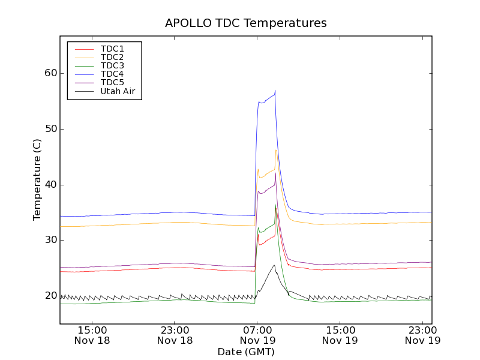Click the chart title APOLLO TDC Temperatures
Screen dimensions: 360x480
coord(246,23)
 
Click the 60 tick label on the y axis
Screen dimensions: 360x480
coord(50,73)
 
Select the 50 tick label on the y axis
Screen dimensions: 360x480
coord(50,129)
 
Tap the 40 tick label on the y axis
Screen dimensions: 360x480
coord(50,185)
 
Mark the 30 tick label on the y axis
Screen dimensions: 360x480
coord(50,240)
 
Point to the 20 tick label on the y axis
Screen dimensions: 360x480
coord(50,296)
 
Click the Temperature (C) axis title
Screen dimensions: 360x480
coord(37,180)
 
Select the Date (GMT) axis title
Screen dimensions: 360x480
coord(246,352)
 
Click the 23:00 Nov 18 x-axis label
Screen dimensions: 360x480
coord(175,335)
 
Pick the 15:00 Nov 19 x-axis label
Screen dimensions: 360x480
coord(341,335)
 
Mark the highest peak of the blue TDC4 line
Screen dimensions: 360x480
coord(275,91)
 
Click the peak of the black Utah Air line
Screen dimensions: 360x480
coord(274,265)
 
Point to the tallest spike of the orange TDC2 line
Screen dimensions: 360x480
coord(276,150)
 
